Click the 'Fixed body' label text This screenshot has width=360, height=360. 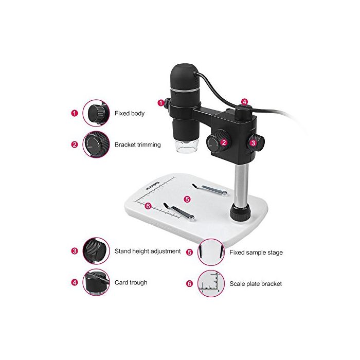(x=130, y=113)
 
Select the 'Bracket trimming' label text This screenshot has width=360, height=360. (x=137, y=145)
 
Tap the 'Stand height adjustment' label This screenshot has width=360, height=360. (x=148, y=251)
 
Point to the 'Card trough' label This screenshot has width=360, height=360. (x=131, y=282)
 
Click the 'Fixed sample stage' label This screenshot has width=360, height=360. (x=256, y=253)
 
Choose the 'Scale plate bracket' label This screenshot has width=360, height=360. (x=256, y=284)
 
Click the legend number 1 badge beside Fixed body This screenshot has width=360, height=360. (x=75, y=113)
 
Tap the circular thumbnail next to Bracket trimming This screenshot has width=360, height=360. (x=96, y=145)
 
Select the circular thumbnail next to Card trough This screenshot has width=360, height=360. (x=96, y=282)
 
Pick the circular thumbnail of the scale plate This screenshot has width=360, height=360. (x=211, y=283)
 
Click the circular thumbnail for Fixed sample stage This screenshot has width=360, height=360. (x=211, y=252)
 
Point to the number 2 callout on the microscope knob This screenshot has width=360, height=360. (x=224, y=142)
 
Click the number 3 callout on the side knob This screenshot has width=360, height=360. (x=253, y=143)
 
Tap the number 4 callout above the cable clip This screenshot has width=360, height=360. (x=244, y=102)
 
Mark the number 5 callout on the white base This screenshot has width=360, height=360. (x=187, y=199)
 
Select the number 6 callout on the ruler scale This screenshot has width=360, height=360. (x=148, y=206)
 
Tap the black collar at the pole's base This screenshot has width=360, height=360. (x=240, y=211)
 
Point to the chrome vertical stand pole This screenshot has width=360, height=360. (x=241, y=184)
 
